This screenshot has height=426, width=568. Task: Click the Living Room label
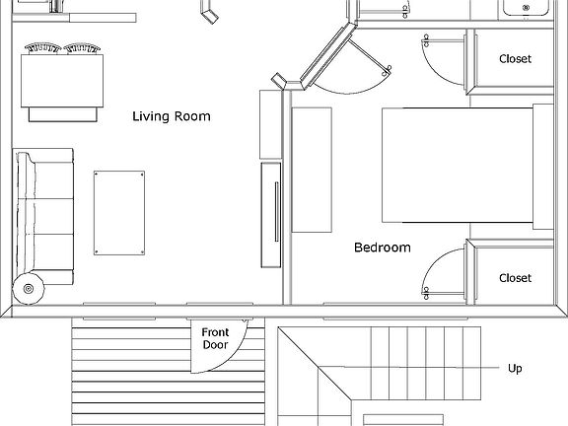(x=172, y=116)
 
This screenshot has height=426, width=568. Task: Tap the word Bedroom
(x=382, y=248)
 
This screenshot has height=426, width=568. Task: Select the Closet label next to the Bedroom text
(x=515, y=278)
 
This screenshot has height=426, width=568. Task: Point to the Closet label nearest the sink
(x=515, y=59)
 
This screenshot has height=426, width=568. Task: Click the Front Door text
(x=215, y=339)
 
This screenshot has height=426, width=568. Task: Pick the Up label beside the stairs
(x=515, y=369)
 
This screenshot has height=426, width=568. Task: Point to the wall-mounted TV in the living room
(x=270, y=215)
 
